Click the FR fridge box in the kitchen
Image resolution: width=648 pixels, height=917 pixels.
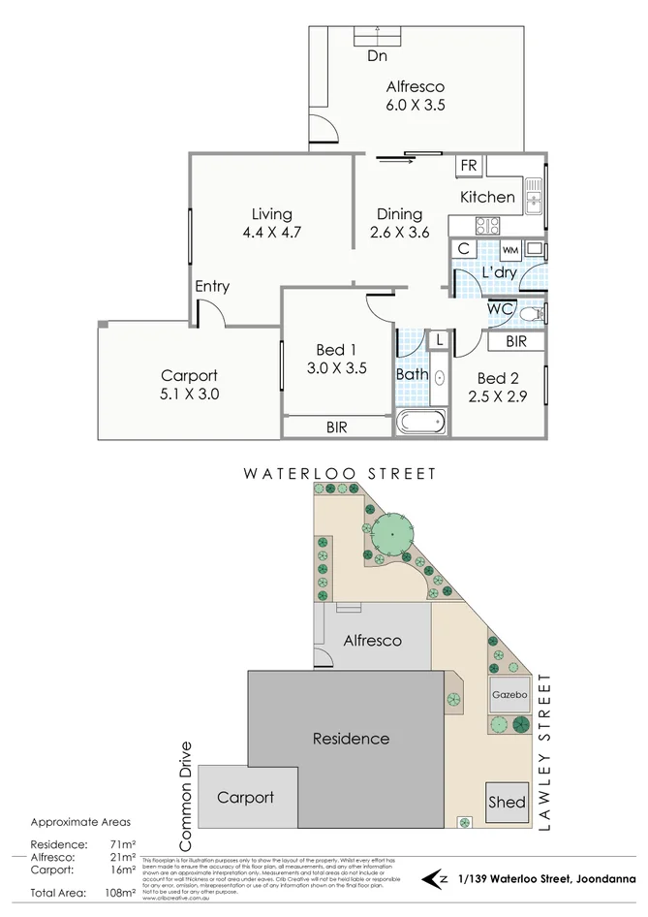coord(469,166)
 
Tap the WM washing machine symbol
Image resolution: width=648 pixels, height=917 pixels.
coord(509,250)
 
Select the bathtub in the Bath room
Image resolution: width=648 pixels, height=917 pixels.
coord(420,422)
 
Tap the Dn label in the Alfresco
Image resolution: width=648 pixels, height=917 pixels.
coord(377,56)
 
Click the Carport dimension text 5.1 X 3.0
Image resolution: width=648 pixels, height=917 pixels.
coord(189,395)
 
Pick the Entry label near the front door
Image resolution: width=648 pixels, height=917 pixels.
coord(212,286)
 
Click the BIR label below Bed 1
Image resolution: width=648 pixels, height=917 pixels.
coord(337,427)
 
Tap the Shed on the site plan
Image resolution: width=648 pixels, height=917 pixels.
coord(507,802)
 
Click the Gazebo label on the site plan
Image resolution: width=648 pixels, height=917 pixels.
coord(509,695)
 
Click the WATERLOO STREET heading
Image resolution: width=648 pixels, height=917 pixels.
coord(339,474)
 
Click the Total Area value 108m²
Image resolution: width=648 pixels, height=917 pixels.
coord(120,892)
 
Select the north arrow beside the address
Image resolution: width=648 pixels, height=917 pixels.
coord(437,879)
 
